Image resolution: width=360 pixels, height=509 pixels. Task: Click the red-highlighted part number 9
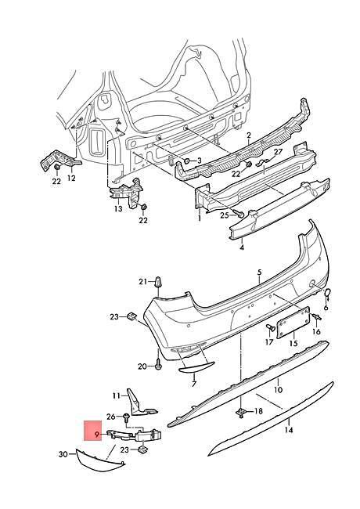96,434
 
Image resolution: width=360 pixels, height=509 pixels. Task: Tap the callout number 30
63,454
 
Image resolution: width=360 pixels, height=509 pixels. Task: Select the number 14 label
289,430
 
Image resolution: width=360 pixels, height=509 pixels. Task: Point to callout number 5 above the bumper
260,273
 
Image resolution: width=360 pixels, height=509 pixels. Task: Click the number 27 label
279,152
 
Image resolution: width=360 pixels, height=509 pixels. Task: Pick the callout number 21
142,281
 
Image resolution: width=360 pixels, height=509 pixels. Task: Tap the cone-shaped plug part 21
159,282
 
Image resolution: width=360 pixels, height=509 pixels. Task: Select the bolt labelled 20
158,364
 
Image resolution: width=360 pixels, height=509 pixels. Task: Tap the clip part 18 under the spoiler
241,412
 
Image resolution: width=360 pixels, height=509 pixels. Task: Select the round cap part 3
188,161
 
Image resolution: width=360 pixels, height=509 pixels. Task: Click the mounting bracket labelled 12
59,159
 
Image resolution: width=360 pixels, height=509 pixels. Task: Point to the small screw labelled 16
316,316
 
